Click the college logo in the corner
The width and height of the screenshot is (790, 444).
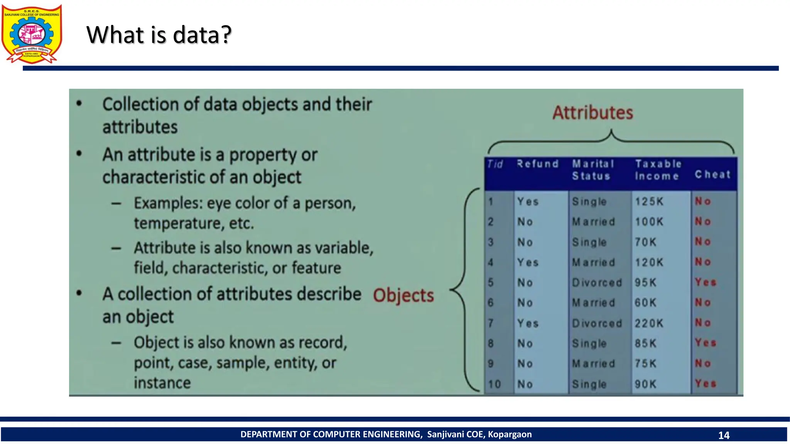[32, 34]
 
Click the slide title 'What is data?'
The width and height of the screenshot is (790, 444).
[159, 35]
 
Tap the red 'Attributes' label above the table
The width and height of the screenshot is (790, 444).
[592, 113]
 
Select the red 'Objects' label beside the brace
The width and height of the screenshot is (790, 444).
[403, 295]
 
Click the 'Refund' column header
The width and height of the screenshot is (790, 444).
[537, 164]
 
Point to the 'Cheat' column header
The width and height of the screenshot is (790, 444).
[712, 175]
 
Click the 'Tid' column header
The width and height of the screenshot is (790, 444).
[495, 165]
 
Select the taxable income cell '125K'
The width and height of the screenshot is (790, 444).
[649, 202]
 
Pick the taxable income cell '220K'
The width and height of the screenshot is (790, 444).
[649, 323]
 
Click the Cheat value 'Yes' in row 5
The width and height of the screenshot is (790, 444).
[705, 282]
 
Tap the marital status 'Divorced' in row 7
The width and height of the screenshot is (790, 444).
[597, 323]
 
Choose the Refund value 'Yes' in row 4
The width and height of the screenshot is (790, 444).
[527, 262]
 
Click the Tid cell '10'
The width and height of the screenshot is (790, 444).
[494, 384]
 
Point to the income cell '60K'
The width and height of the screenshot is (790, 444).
[645, 303]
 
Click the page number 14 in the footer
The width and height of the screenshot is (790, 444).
[724, 435]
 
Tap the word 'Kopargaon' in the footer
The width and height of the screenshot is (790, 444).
[510, 434]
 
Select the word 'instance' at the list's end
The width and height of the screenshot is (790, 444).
[162, 383]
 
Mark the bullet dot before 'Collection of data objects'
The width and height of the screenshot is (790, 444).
[79, 103]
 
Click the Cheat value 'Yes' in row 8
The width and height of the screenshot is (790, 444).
[705, 343]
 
